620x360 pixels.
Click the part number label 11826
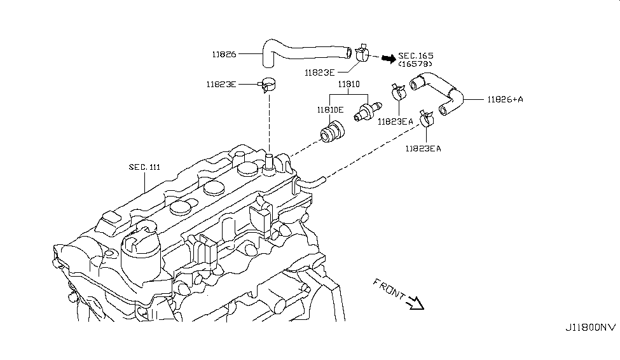[x=223, y=54]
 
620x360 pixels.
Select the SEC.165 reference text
[x=416, y=55]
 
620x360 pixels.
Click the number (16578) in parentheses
[x=415, y=64]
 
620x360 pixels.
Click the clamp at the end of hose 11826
[x=363, y=53]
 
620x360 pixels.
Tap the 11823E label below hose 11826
[x=320, y=73]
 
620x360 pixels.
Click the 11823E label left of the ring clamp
[x=221, y=83]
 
